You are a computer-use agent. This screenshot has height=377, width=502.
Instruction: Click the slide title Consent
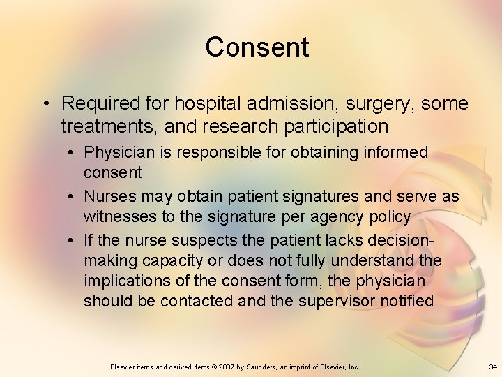pos(257,47)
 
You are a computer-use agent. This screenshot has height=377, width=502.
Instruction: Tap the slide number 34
pos(493,367)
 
